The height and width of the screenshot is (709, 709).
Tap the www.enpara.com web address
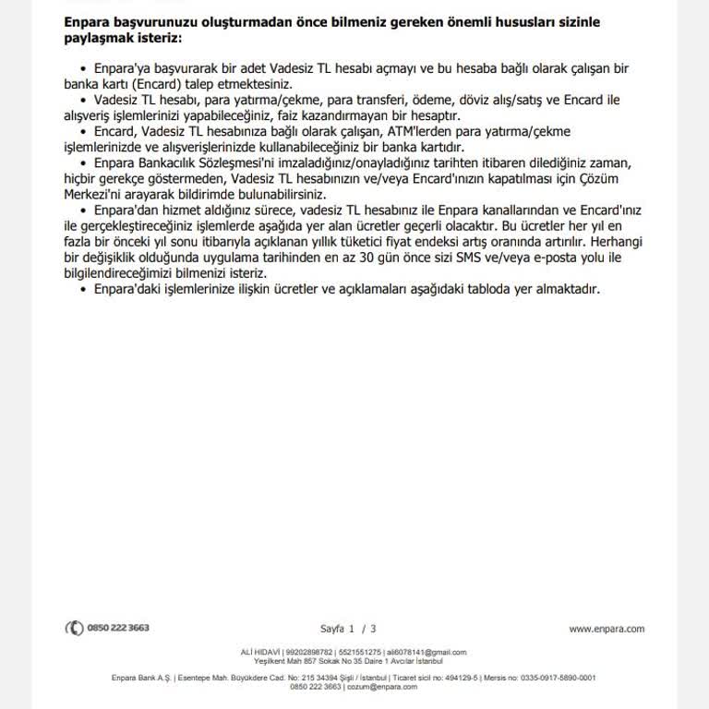pos(607,629)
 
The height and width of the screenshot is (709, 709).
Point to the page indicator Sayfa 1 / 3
pos(348,629)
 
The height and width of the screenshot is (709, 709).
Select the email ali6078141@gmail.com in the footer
pos(439,652)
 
